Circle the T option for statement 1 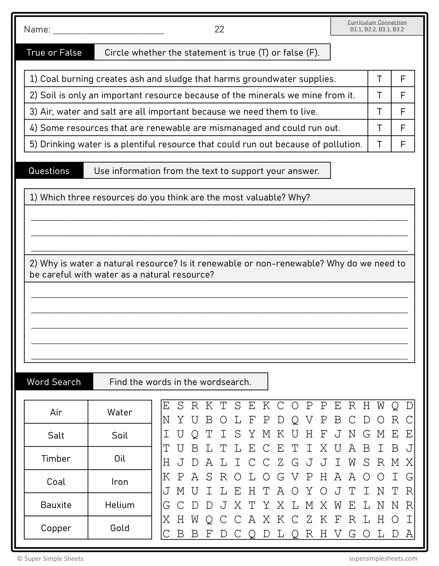coord(379,79)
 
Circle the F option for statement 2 coord(403,95)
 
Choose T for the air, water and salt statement coord(379,112)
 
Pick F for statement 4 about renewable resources coord(403,128)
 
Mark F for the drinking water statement coord(403,144)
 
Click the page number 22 coord(219,29)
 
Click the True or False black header coord(54,53)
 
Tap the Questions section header coord(49,171)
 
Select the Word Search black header coord(54,382)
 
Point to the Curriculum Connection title coord(377,22)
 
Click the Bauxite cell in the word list coord(56,505)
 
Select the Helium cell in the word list coord(120,505)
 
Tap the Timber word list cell coord(56,459)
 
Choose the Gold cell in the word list coord(120,528)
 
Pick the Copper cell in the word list coord(56,528)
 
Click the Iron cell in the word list coord(120,482)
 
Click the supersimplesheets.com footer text coord(383,558)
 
